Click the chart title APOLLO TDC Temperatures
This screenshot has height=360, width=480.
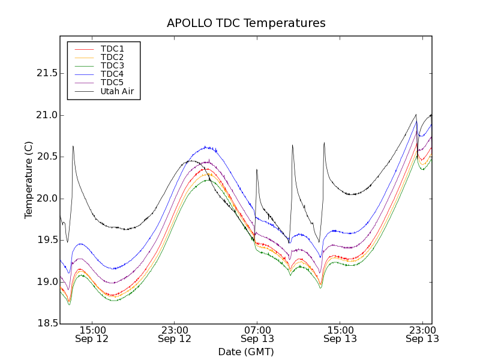click(x=246, y=23)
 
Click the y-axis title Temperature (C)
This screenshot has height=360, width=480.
click(x=28, y=180)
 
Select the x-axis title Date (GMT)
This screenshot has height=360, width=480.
click(x=246, y=352)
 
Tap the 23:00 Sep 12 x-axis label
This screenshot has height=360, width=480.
click(x=175, y=334)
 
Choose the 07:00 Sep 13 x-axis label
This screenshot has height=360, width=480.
click(x=257, y=334)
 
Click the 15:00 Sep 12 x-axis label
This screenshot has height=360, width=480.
click(x=92, y=334)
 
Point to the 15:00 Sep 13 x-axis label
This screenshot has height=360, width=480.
click(x=340, y=334)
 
